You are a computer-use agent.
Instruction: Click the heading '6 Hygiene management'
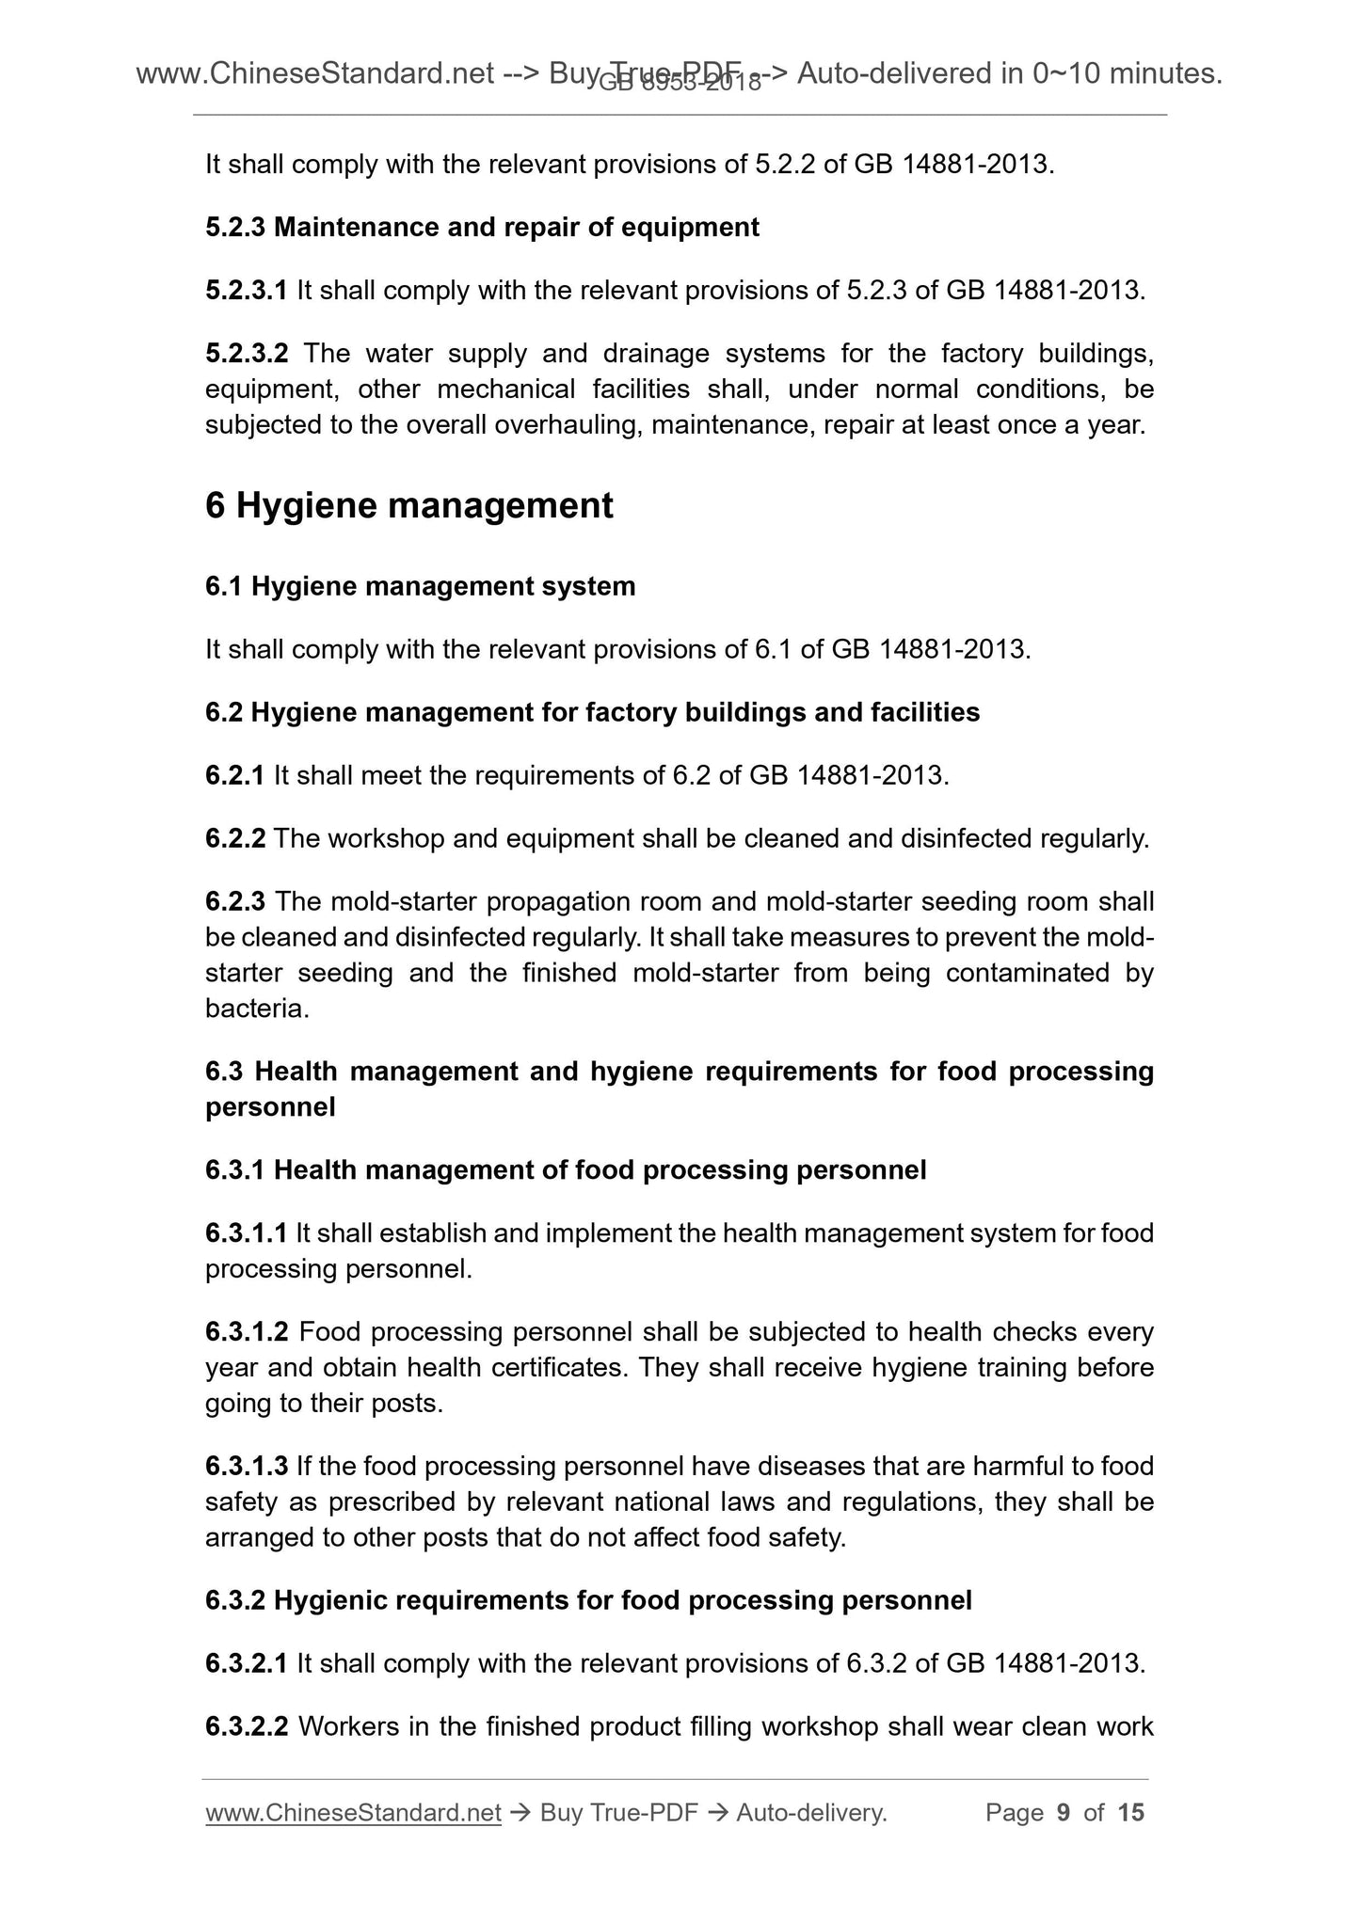tap(408, 506)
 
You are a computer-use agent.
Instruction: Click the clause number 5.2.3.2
tap(247, 354)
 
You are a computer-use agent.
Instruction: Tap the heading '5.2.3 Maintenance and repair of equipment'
tap(482, 228)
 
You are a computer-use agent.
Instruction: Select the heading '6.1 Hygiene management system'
tap(420, 587)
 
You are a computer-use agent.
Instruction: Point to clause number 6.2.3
tap(235, 902)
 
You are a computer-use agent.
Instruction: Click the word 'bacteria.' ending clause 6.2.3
tap(257, 1009)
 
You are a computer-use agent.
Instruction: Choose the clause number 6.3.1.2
tap(247, 1333)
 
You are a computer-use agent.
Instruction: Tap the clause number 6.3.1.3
tap(247, 1467)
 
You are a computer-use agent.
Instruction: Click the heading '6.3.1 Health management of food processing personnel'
tap(566, 1170)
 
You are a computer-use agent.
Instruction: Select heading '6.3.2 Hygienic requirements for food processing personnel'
tap(588, 1601)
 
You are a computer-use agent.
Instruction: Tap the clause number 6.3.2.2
tap(247, 1727)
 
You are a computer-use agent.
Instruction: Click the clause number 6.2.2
tap(235, 839)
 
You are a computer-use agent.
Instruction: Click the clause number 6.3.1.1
tap(247, 1233)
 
